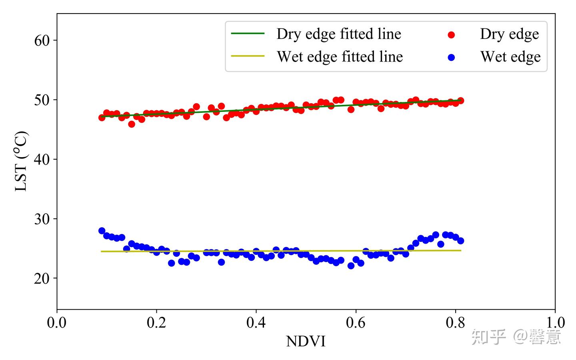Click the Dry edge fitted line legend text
coord(338,34)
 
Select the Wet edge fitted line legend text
coord(340,57)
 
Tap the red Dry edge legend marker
coord(452,35)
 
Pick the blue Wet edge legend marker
coord(452,57)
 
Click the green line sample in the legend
coord(248,34)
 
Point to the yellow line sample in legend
coord(248,56)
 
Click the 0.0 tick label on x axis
coord(57,322)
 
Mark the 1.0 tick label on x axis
coord(555,322)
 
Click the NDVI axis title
coord(306,341)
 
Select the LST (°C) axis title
coord(22,161)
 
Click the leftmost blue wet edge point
coord(102,231)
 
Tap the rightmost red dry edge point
coord(460,100)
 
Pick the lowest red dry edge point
coord(132,124)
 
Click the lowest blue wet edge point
coord(351,266)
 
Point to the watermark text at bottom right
coord(516,337)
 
